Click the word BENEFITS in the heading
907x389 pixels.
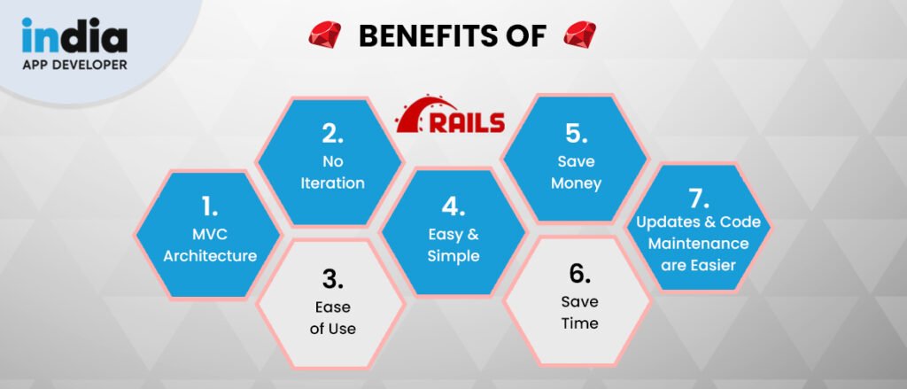tap(418, 37)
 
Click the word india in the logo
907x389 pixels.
tap(74, 35)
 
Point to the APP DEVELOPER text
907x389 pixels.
tap(74, 65)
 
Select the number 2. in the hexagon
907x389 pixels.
tap(331, 136)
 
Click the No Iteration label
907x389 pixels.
tap(331, 173)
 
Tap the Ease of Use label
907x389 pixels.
tap(331, 317)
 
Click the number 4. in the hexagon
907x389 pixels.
tap(453, 208)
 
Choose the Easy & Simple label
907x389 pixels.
tap(453, 245)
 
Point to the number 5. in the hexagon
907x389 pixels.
tap(576, 136)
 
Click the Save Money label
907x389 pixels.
tap(576, 173)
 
